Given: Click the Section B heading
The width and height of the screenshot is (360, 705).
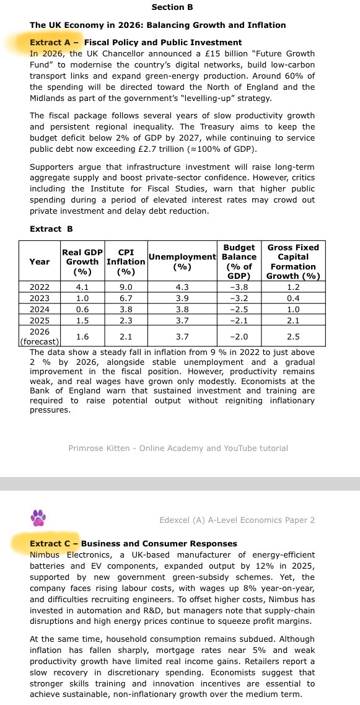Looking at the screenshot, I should (172, 7).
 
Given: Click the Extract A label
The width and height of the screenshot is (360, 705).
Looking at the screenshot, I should (55, 43).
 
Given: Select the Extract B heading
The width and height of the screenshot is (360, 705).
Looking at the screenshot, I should (51, 229).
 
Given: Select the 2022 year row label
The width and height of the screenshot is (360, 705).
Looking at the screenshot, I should (40, 287).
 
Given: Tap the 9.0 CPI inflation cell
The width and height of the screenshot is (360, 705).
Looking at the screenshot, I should (126, 287).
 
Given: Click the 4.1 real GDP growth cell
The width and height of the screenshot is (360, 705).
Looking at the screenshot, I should (82, 287).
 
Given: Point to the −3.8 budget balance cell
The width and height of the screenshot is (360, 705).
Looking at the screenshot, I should (239, 287).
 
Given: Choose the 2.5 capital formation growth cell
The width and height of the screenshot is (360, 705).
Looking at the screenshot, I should (293, 336).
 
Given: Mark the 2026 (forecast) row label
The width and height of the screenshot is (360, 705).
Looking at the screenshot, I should (40, 336).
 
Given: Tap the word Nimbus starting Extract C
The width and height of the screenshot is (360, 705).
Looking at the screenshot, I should (46, 554).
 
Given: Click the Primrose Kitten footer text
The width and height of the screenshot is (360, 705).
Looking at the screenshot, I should (178, 448).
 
